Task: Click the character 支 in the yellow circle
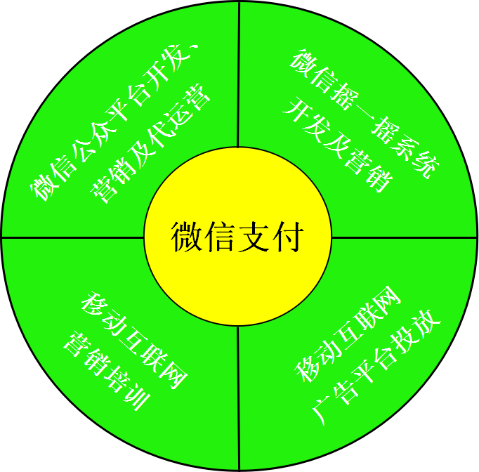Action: tap(254, 237)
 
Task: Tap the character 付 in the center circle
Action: tap(287, 237)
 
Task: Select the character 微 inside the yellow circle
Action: tap(186, 237)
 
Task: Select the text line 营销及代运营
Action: tap(150, 143)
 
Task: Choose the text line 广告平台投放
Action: tap(376, 367)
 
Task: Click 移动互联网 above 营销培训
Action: tap(134, 340)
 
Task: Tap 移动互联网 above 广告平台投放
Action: tap(348, 334)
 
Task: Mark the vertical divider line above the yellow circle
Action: tap(239, 74)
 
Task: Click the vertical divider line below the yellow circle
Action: tap(239, 398)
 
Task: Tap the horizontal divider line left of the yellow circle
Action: tap(73, 237)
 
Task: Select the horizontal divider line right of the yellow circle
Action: tap(404, 237)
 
